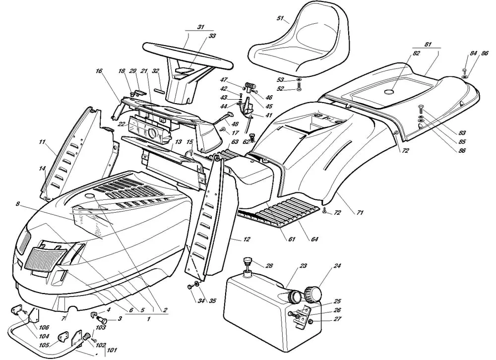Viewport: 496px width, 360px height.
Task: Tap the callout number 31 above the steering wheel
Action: [x=187, y=28]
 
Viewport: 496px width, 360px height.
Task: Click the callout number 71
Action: [x=360, y=213]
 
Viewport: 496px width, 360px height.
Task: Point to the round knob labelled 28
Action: [x=247, y=261]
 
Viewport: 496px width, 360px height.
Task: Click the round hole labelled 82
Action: [x=388, y=91]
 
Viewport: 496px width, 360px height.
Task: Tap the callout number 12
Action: [x=247, y=240]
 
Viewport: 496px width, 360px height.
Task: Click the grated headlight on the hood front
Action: [x=45, y=257]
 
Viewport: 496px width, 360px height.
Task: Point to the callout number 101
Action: [x=112, y=351]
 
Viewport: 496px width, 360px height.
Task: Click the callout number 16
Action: [x=99, y=71]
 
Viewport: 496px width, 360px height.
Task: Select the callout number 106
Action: [x=44, y=327]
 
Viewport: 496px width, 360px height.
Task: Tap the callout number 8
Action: [x=17, y=204]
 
